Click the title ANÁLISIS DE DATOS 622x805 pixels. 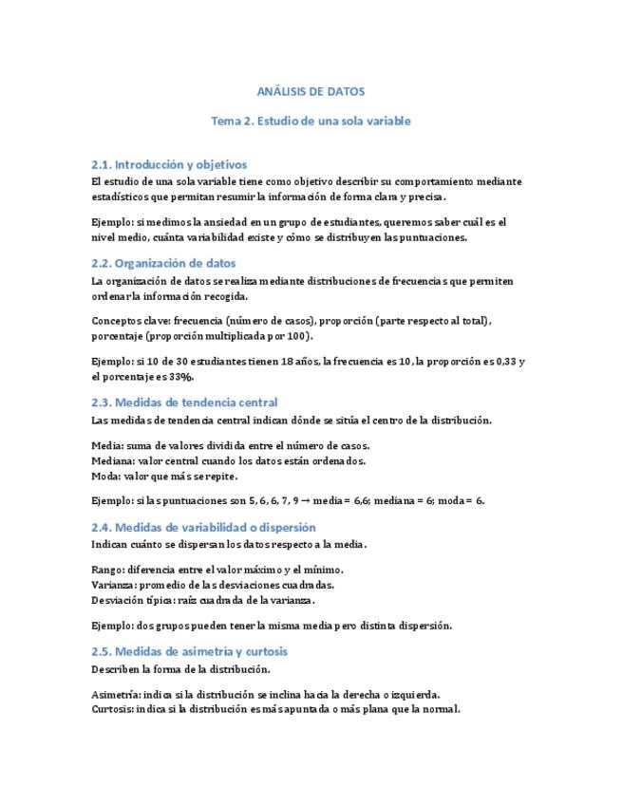point(311,91)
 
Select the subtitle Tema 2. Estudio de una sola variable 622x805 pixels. point(311,122)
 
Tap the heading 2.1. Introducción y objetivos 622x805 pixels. point(169,164)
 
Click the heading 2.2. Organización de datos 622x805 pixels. point(163,263)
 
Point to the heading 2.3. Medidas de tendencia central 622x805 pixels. point(184,402)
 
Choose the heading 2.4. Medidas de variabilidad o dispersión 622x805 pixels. point(203,527)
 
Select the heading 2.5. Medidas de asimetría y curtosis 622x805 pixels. point(189,651)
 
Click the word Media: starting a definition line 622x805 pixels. point(107,445)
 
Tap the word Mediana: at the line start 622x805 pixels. point(114,460)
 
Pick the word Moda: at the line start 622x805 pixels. point(106,476)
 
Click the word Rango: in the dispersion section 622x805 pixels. point(108,570)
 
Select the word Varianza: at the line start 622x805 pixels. point(114,585)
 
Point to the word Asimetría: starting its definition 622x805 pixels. point(117,694)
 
